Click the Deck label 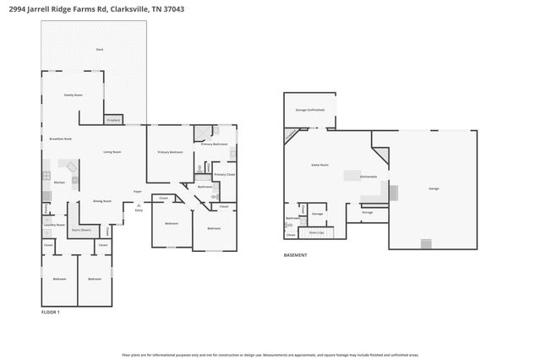click(99, 50)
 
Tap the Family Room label click(74, 95)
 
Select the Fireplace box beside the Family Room click(113, 120)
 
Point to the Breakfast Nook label click(60, 138)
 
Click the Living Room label click(112, 152)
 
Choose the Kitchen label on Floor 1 click(59, 183)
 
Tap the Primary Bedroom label click(171, 152)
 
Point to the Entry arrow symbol click(139, 205)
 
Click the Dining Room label click(102, 201)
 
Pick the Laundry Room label click(55, 225)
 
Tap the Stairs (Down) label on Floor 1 click(81, 228)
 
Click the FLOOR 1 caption click(51, 312)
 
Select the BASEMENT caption click(295, 255)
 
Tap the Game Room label click(320, 165)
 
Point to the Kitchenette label click(369, 177)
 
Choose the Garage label click(434, 188)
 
